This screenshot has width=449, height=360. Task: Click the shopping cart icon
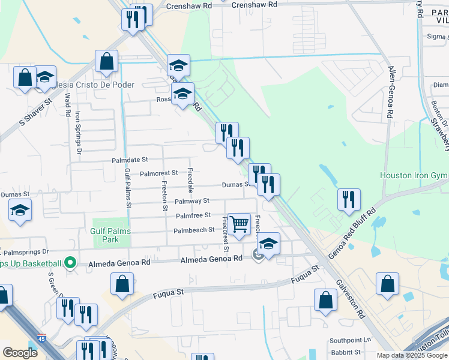point(240,224)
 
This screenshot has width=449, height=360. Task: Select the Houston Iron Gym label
point(414,175)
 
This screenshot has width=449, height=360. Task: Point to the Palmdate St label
point(130,160)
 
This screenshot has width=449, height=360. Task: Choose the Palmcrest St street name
point(158,173)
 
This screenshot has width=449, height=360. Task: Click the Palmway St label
point(191,201)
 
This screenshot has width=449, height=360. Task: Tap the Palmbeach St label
point(194,230)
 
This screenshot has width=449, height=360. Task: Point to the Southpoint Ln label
point(351,340)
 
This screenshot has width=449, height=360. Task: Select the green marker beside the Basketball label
point(70,263)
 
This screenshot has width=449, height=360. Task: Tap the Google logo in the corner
point(20,353)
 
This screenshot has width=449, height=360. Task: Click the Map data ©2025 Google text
point(411,355)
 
